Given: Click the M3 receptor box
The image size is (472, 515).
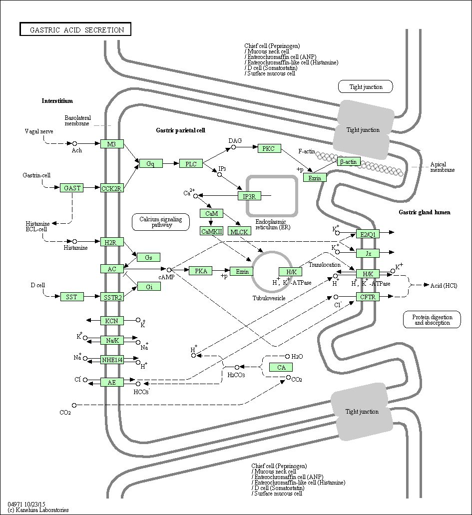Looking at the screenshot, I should [112, 144].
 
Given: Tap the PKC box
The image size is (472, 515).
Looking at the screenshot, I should [269, 148].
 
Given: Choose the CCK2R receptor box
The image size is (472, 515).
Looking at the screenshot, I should [112, 188].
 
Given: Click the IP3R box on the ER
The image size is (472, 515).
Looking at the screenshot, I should [249, 196].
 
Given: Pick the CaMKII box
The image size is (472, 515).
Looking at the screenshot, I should [211, 231].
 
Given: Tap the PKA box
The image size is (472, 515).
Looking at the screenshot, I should [201, 271].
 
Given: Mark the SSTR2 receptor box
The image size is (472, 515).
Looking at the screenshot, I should [112, 297].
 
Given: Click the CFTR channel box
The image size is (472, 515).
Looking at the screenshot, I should [368, 297].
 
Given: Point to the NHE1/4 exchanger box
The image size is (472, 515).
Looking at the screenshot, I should [112, 359].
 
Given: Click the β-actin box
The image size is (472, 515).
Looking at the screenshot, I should [349, 161].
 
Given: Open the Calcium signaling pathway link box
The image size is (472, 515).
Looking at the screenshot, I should [157, 222].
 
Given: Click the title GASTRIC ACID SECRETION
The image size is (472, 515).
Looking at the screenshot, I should [75, 29].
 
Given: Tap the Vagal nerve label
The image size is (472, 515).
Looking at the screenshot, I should [38, 131].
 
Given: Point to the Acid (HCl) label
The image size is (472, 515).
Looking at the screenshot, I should [444, 285].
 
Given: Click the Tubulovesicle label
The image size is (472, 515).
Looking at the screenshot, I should [269, 298].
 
